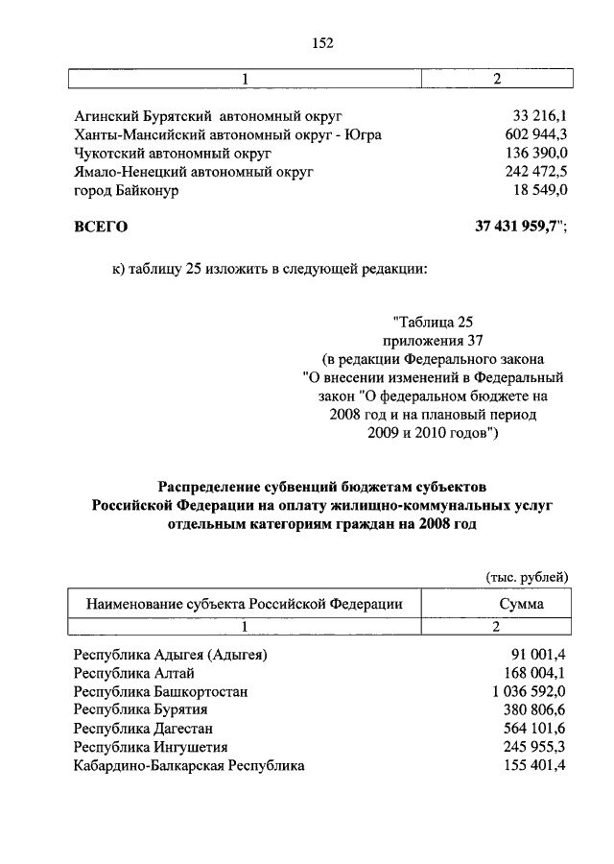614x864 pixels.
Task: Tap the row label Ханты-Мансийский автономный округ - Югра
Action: [228, 135]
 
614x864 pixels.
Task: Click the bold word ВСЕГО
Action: [100, 228]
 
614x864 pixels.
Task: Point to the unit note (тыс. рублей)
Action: [527, 576]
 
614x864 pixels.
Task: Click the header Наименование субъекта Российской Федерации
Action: [245, 604]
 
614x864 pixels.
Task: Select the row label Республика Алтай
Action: [139, 673]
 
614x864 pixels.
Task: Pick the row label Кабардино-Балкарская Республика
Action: [189, 765]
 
